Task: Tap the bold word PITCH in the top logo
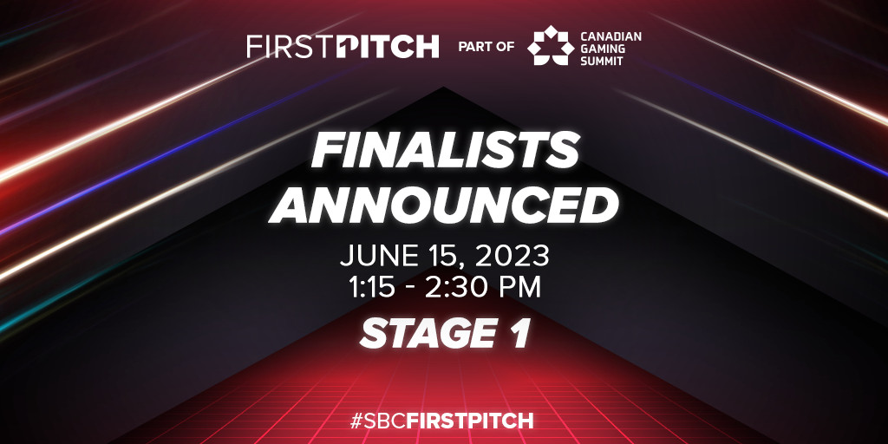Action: (x=388, y=47)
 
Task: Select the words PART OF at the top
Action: (x=486, y=47)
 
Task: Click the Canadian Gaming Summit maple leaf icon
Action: (x=551, y=45)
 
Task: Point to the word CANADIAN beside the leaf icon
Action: (x=611, y=36)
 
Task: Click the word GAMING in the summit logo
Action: (x=602, y=48)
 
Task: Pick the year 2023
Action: (x=512, y=256)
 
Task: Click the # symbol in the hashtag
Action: (x=356, y=421)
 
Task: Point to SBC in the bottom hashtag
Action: (x=385, y=421)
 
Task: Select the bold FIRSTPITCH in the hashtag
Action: (x=470, y=421)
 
